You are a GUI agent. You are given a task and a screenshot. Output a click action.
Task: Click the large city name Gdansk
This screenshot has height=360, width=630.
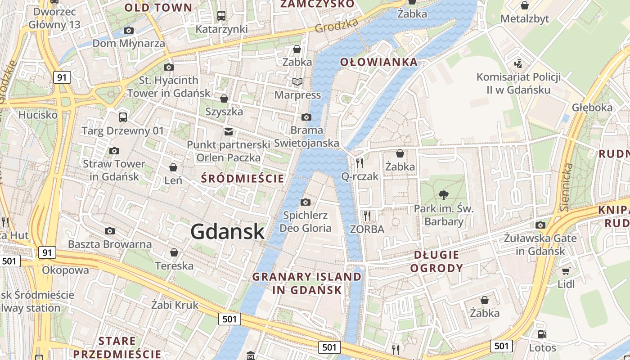227,231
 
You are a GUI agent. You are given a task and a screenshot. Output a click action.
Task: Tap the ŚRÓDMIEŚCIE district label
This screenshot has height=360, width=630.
243,179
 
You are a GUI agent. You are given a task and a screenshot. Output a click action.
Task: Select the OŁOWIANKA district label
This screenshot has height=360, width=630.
379,62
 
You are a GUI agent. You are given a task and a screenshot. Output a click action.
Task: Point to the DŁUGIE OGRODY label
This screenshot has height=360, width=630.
438,261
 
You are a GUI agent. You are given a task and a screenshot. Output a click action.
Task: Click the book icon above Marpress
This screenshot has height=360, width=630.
297,81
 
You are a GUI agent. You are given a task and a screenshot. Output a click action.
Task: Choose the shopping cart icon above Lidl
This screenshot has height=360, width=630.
566,271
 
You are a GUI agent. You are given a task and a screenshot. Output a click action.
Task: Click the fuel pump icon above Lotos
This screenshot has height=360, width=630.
542,334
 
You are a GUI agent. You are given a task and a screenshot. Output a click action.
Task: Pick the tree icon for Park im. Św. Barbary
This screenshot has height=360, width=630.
444,195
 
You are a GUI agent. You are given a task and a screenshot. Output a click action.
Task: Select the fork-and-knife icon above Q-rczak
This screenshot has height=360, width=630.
359,163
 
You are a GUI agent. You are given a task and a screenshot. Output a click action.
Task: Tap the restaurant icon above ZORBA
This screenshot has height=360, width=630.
367,216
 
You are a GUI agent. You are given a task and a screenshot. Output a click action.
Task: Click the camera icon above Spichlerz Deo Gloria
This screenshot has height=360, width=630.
306,202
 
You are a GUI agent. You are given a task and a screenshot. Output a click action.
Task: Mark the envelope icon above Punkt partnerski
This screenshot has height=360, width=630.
229,131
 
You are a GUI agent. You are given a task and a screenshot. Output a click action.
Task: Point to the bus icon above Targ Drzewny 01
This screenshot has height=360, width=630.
123,117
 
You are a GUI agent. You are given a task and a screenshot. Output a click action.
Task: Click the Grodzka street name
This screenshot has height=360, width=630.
337,26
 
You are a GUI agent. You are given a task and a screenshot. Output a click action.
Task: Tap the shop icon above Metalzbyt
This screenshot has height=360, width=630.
524,5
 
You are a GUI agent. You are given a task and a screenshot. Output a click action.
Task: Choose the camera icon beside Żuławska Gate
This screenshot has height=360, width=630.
540,225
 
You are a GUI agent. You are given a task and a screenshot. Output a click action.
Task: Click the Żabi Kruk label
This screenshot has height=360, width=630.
175,305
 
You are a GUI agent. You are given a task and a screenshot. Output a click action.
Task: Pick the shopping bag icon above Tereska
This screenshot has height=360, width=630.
174,252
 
